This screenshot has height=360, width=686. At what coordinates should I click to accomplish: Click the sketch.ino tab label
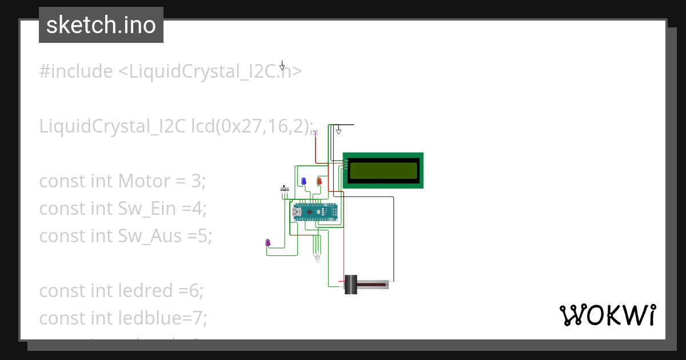coord(101,25)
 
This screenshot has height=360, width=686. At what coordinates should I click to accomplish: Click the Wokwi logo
coord(607,315)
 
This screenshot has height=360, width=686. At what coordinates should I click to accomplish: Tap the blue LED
coord(304,181)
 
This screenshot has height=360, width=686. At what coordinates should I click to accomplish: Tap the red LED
coord(320,181)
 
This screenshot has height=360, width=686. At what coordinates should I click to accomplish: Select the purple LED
coord(268,243)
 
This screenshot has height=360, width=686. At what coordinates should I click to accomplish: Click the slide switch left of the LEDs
coord(284,189)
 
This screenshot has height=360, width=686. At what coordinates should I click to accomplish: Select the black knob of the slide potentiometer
coord(350,284)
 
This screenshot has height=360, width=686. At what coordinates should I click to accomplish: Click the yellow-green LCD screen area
coord(383,170)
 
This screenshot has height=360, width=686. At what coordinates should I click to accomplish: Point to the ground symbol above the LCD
coord(338,131)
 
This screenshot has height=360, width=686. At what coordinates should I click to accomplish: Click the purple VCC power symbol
coord(314,133)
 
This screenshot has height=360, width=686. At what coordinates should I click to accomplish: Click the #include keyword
coord(76,71)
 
